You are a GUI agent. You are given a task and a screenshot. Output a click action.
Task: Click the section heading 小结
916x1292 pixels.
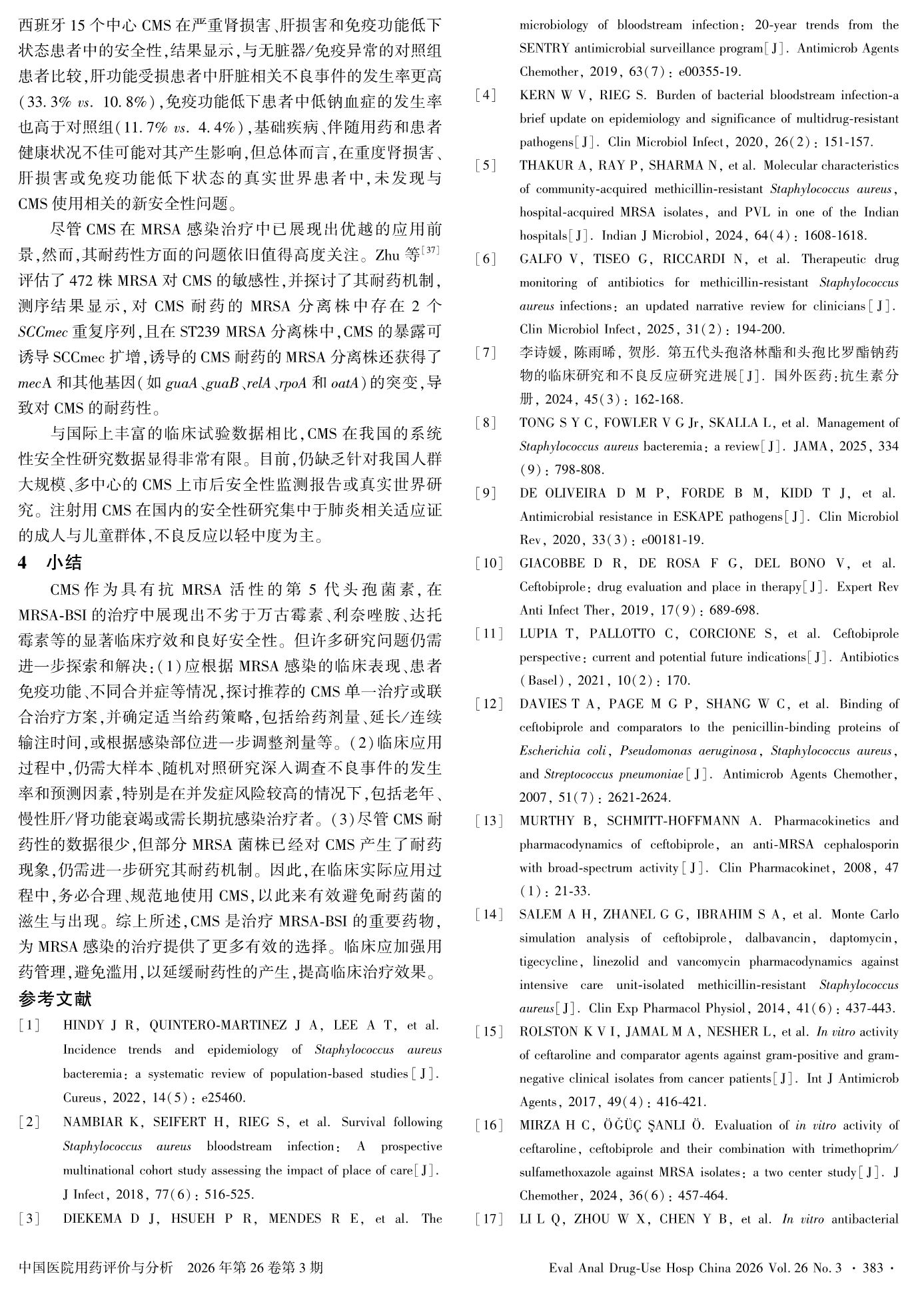pos(64,563)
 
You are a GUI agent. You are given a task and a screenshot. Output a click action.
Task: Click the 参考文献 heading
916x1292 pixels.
pos(55,999)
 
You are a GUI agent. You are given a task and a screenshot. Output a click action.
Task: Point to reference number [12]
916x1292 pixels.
pos(488,704)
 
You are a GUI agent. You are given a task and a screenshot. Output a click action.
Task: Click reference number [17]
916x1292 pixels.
pos(488,1219)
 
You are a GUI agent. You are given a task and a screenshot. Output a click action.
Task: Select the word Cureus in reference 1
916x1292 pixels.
pos(79,1098)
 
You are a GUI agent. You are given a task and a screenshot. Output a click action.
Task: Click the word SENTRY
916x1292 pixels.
pos(544,49)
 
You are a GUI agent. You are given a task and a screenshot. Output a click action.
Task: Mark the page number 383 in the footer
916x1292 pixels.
pos(872,1268)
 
